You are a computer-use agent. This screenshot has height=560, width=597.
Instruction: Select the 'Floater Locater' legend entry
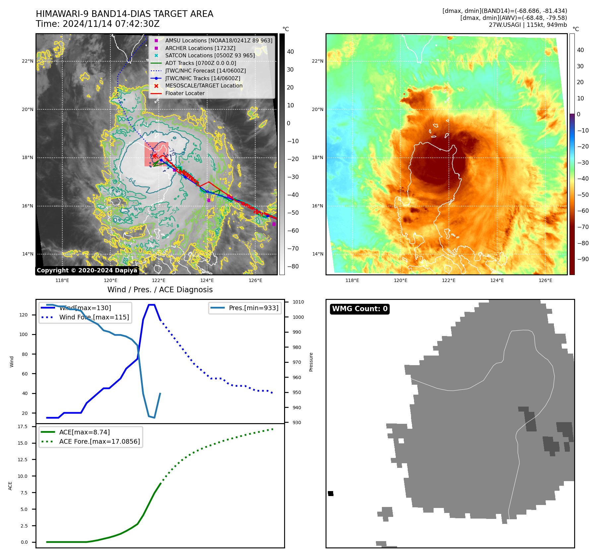pyautogui.click(x=185, y=93)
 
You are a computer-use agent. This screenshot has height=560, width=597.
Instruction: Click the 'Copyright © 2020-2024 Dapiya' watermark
pyautogui.click(x=87, y=270)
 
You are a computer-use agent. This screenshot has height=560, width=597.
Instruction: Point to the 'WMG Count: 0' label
pyautogui.click(x=360, y=309)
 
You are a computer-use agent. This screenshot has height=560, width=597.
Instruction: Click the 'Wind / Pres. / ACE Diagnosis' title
pyautogui.click(x=160, y=290)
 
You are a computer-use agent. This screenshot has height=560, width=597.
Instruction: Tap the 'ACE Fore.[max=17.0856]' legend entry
pyautogui.click(x=99, y=441)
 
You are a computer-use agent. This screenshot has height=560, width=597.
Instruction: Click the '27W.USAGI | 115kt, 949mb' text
pyautogui.click(x=528, y=25)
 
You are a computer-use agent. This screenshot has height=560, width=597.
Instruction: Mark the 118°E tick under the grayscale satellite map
pyautogui.click(x=62, y=281)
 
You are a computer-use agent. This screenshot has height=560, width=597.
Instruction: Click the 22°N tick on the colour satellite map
pyautogui.click(x=317, y=61)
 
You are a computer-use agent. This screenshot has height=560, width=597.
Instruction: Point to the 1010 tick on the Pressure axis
pyautogui.click(x=298, y=302)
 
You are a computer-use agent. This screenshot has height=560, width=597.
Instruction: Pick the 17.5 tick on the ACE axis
pyautogui.click(x=23, y=426)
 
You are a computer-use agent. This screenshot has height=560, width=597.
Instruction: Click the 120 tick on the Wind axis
pyautogui.click(x=24, y=315)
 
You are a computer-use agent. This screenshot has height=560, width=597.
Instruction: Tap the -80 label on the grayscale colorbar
pyautogui.click(x=293, y=266)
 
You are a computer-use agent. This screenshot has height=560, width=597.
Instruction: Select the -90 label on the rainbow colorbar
pyautogui.click(x=583, y=259)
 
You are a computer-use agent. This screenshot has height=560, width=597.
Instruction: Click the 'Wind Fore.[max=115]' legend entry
pyautogui.click(x=94, y=317)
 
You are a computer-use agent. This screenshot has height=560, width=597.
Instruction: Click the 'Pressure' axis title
pyautogui.click(x=311, y=362)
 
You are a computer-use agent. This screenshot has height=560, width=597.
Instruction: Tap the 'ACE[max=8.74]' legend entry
pyautogui.click(x=84, y=432)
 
